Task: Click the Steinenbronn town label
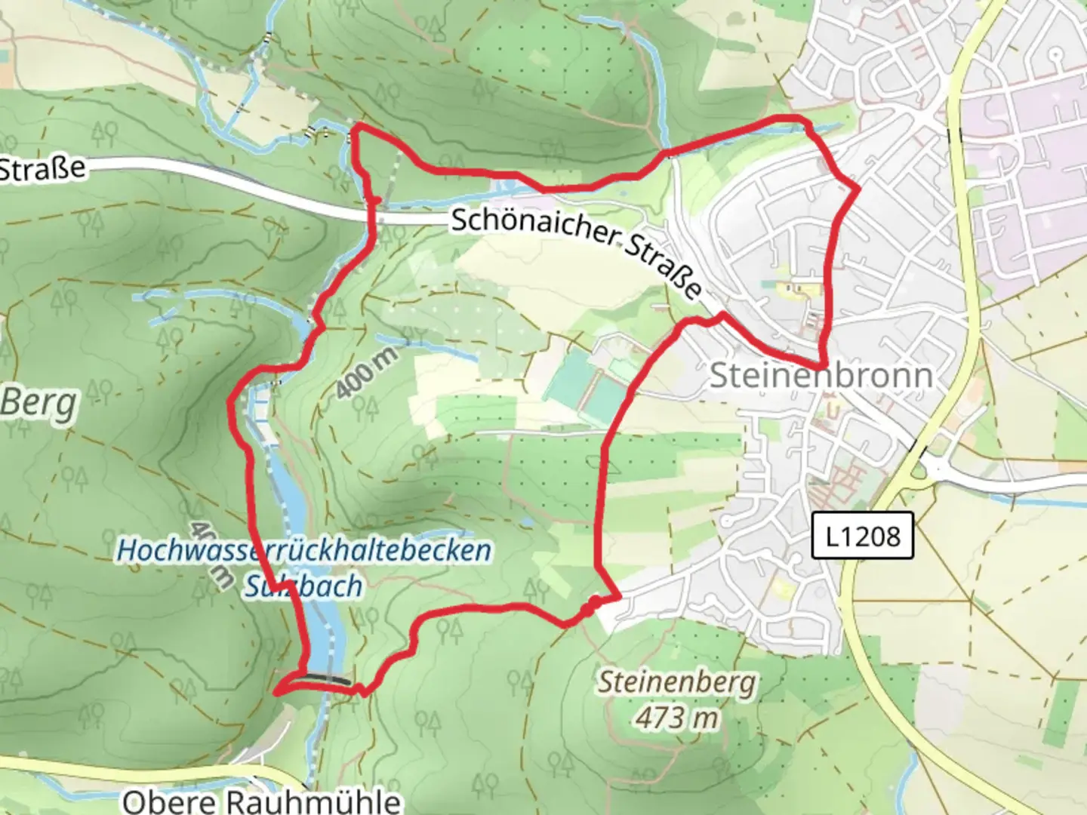point(821,376)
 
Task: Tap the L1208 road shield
point(862,536)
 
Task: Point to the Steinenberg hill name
point(676,683)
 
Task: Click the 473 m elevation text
point(676,718)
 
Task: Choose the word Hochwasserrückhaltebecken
point(303,550)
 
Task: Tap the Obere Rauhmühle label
point(261,800)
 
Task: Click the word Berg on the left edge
point(39,404)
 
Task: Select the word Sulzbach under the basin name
point(303,586)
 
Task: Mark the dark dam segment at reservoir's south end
point(329,678)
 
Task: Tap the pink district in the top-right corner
point(1027,151)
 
